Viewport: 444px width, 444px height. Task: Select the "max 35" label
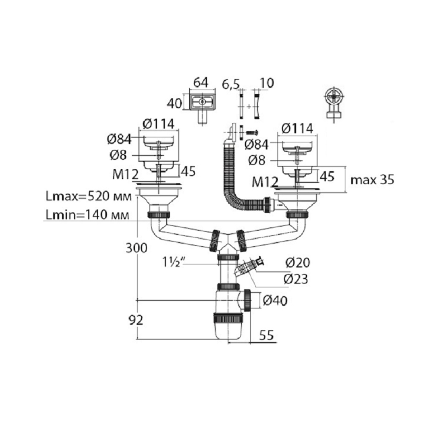372,180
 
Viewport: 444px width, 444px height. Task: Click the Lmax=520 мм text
89,196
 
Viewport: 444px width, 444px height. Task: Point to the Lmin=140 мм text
87,215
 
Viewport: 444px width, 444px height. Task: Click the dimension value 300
137,248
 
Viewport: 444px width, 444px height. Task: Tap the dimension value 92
136,320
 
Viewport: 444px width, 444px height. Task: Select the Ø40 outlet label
275,301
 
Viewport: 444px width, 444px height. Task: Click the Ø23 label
296,279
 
